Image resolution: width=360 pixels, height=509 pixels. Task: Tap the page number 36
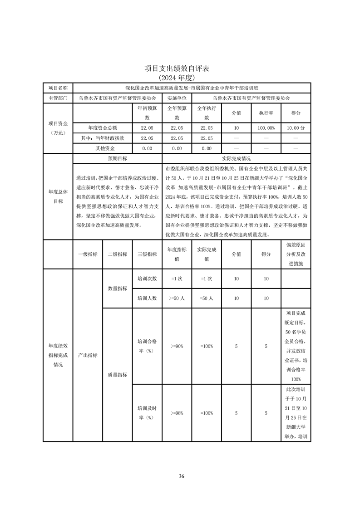[x=181, y=476]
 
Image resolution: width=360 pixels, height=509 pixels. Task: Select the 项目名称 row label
[x=58, y=88]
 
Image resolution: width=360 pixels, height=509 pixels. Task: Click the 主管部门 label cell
[x=58, y=98]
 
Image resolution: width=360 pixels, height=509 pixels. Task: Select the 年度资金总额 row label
[x=102, y=128]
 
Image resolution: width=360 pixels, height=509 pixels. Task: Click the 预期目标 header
[x=117, y=159]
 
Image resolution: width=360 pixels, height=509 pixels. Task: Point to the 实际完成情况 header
[x=236, y=159]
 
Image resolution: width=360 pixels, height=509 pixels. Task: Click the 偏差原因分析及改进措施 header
[x=296, y=254]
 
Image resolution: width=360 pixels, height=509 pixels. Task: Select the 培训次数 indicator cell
[x=147, y=279]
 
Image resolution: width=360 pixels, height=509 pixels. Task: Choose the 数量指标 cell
[x=117, y=289]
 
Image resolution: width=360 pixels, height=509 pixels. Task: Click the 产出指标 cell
[x=88, y=355]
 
